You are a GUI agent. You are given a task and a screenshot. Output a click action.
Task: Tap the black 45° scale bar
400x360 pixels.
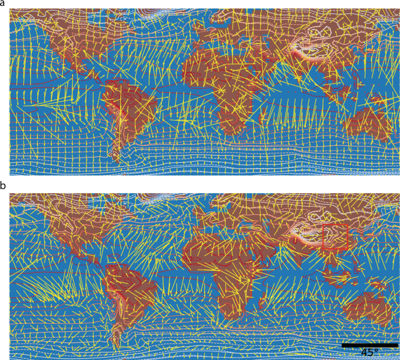pyautogui.click(x=369, y=345)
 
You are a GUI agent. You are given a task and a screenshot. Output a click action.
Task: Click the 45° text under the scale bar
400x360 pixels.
pyautogui.click(x=369, y=352)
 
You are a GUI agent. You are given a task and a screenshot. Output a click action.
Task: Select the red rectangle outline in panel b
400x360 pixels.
pyautogui.click(x=335, y=236)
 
